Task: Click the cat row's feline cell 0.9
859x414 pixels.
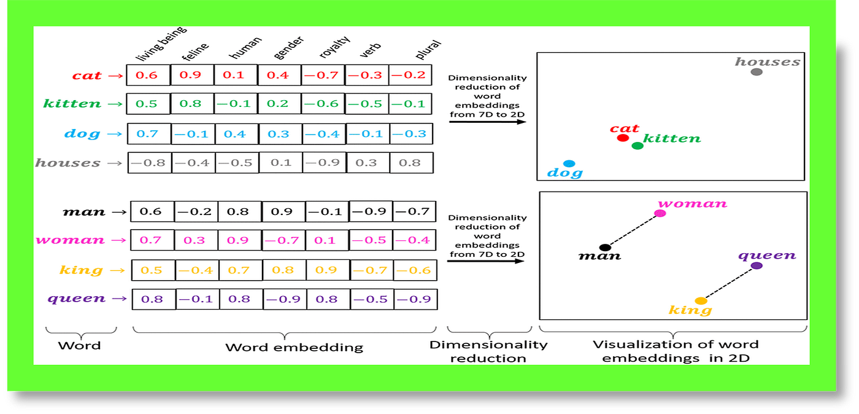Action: coord(190,75)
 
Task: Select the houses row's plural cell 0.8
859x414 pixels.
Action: coord(410,163)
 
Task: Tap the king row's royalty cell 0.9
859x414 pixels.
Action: coord(326,270)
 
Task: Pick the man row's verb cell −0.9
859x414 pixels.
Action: coord(371,212)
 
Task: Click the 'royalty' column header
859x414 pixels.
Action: coord(334,49)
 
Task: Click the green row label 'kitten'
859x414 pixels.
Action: coord(72,104)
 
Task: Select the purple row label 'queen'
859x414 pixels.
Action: coord(77,299)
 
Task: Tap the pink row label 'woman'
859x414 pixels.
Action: coord(70,240)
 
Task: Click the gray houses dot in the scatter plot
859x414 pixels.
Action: coord(757,72)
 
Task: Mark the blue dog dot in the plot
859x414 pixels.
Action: coord(569,163)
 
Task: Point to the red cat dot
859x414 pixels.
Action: coord(623,138)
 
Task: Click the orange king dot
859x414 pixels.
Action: coord(701,301)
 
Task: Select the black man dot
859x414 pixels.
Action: coord(605,248)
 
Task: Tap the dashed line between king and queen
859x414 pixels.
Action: coord(729,283)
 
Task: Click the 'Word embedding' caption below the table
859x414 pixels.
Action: coord(294,348)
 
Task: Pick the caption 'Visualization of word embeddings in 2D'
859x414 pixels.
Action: coord(675,351)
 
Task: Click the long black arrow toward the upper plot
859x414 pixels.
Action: coord(487,122)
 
